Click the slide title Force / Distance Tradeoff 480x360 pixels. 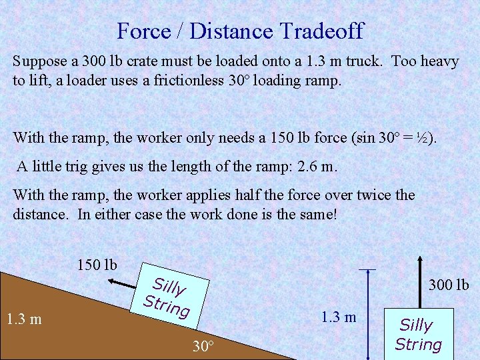coord(240,31)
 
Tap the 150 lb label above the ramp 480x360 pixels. coord(97,265)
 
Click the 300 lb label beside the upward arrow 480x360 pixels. coord(449,285)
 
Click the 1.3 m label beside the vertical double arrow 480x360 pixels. coord(338,317)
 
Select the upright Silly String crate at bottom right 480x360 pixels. coord(418,335)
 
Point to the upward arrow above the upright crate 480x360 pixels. coord(420,280)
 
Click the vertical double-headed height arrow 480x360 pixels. coord(367,313)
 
